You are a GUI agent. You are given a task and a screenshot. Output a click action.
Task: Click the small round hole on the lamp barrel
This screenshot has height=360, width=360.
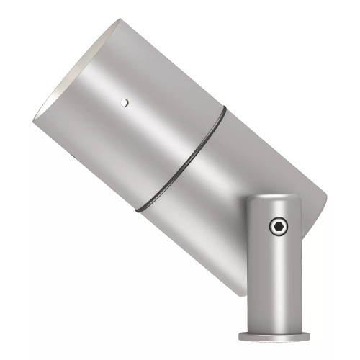(124, 102)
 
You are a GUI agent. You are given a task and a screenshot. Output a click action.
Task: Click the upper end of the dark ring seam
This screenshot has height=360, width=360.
(222, 109)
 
